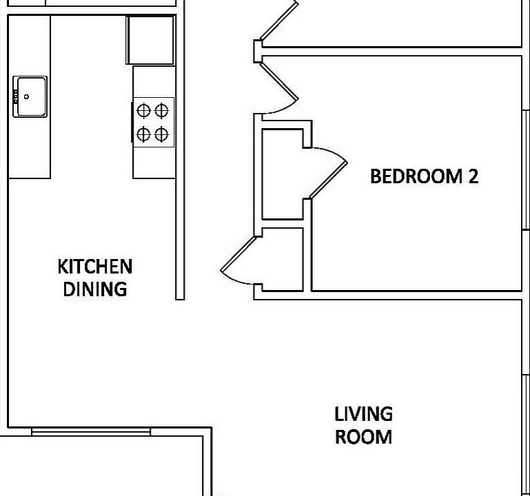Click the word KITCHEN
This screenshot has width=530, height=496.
tap(94, 266)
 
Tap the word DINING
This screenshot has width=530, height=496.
tap(95, 289)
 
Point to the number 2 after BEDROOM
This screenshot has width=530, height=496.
tap(473, 176)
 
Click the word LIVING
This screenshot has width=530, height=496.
tap(363, 414)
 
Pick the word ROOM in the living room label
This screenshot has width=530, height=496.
tap(363, 437)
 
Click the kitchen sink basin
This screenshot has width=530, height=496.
tap(31, 96)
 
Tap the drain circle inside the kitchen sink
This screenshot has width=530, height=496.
tap(27, 97)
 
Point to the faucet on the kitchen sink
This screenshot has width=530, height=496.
tap(15, 96)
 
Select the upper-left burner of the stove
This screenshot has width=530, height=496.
tap(144, 109)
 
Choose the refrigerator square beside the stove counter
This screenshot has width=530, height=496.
tap(150, 40)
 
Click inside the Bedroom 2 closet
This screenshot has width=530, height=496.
tap(283, 174)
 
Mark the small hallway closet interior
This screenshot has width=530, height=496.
tap(283, 258)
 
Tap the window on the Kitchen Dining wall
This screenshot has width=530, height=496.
tap(90, 432)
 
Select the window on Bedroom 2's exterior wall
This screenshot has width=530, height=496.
tap(525, 169)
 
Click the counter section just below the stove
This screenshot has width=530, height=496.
tap(154, 162)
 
